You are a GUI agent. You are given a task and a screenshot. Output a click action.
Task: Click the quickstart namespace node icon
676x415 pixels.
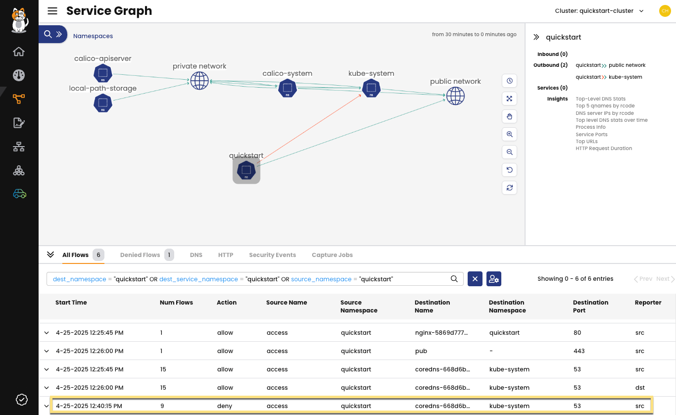pos(246,170)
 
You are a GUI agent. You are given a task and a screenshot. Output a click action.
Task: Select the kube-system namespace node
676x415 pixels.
pos(371,88)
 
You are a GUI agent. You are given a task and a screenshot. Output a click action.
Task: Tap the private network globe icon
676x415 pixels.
pos(199,80)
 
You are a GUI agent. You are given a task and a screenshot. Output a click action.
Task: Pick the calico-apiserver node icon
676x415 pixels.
pos(102,73)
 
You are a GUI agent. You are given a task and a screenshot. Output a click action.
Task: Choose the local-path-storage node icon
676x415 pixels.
pos(102,103)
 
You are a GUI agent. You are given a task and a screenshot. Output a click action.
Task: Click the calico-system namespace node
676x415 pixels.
pos(287,88)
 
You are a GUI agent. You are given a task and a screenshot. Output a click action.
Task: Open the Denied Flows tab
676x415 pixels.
pos(140,255)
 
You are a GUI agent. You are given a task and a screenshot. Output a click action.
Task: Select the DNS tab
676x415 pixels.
pos(196,255)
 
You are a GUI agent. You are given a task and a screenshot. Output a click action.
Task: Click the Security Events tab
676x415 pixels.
pos(272,255)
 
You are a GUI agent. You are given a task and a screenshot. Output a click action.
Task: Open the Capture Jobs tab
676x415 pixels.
pos(332,255)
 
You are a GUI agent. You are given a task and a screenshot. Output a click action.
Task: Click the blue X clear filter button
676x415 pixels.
pos(475,279)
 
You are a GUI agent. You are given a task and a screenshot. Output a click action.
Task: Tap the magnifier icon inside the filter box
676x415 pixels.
pos(454,279)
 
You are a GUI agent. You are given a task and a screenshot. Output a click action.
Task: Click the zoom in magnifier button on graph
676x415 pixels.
pos(509,134)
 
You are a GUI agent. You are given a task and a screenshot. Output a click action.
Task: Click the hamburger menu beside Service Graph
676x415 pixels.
pos(52,11)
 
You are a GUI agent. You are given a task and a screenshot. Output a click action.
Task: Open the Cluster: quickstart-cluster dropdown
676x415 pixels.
pos(599,11)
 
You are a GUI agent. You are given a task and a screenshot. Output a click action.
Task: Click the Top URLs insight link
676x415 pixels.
pos(586,142)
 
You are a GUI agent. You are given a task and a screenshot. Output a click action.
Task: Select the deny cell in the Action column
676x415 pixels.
pos(225,406)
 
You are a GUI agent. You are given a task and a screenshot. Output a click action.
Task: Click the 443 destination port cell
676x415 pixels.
pos(579,351)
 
